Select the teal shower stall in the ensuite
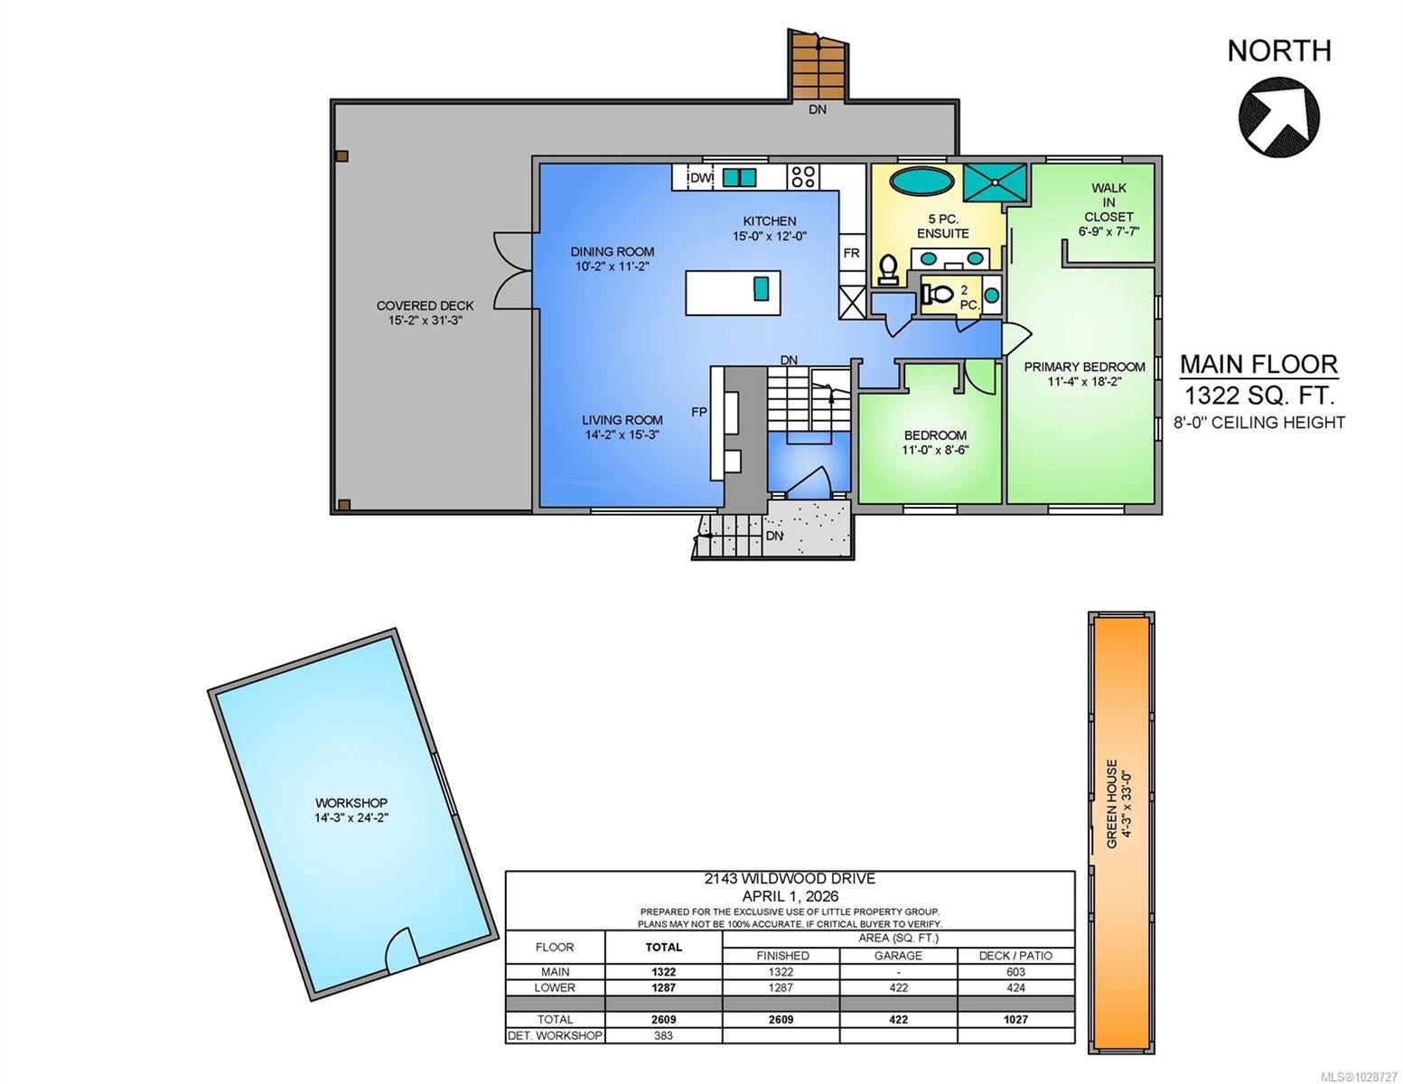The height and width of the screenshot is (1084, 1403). (994, 182)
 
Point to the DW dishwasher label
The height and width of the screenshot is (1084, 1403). (702, 178)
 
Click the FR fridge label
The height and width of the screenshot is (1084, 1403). (851, 253)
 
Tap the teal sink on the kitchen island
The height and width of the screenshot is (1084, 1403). (762, 288)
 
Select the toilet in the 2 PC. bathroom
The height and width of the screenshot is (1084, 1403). (937, 294)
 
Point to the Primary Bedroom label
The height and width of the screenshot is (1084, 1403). (1085, 367)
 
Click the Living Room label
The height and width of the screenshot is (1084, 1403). (622, 420)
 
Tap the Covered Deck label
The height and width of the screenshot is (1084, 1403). (425, 305)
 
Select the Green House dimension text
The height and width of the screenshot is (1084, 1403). (1127, 803)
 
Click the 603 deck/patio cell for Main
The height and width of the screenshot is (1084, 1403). (1015, 972)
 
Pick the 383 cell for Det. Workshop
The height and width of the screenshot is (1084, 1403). (663, 1035)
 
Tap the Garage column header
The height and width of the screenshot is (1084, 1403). (898, 956)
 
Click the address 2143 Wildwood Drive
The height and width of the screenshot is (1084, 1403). (790, 879)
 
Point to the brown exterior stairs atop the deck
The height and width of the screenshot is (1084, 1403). (818, 63)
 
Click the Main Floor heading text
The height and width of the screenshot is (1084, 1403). (1259, 365)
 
